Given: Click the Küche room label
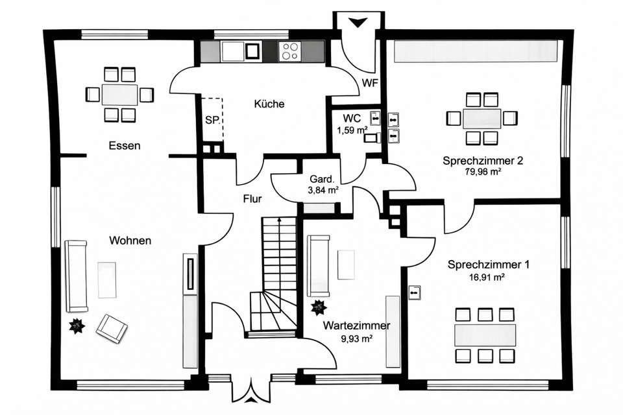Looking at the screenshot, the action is [269, 104].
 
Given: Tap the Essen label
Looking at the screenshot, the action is [124, 146].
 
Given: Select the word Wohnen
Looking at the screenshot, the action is [130, 241].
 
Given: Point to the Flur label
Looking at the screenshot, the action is [252, 199].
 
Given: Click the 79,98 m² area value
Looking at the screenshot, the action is [483, 172].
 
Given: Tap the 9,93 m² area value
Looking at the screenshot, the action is [357, 338].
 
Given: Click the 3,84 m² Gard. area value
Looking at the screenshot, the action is [323, 190].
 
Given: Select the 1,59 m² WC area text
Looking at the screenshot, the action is [352, 130].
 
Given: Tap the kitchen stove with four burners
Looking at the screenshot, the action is [289, 51].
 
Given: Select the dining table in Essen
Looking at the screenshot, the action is [120, 95].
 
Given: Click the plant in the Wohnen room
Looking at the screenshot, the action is [77, 326].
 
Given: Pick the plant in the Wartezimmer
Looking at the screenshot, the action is [319, 307].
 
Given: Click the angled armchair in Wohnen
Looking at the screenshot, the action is [112, 327].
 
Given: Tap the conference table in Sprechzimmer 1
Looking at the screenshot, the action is [485, 335].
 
